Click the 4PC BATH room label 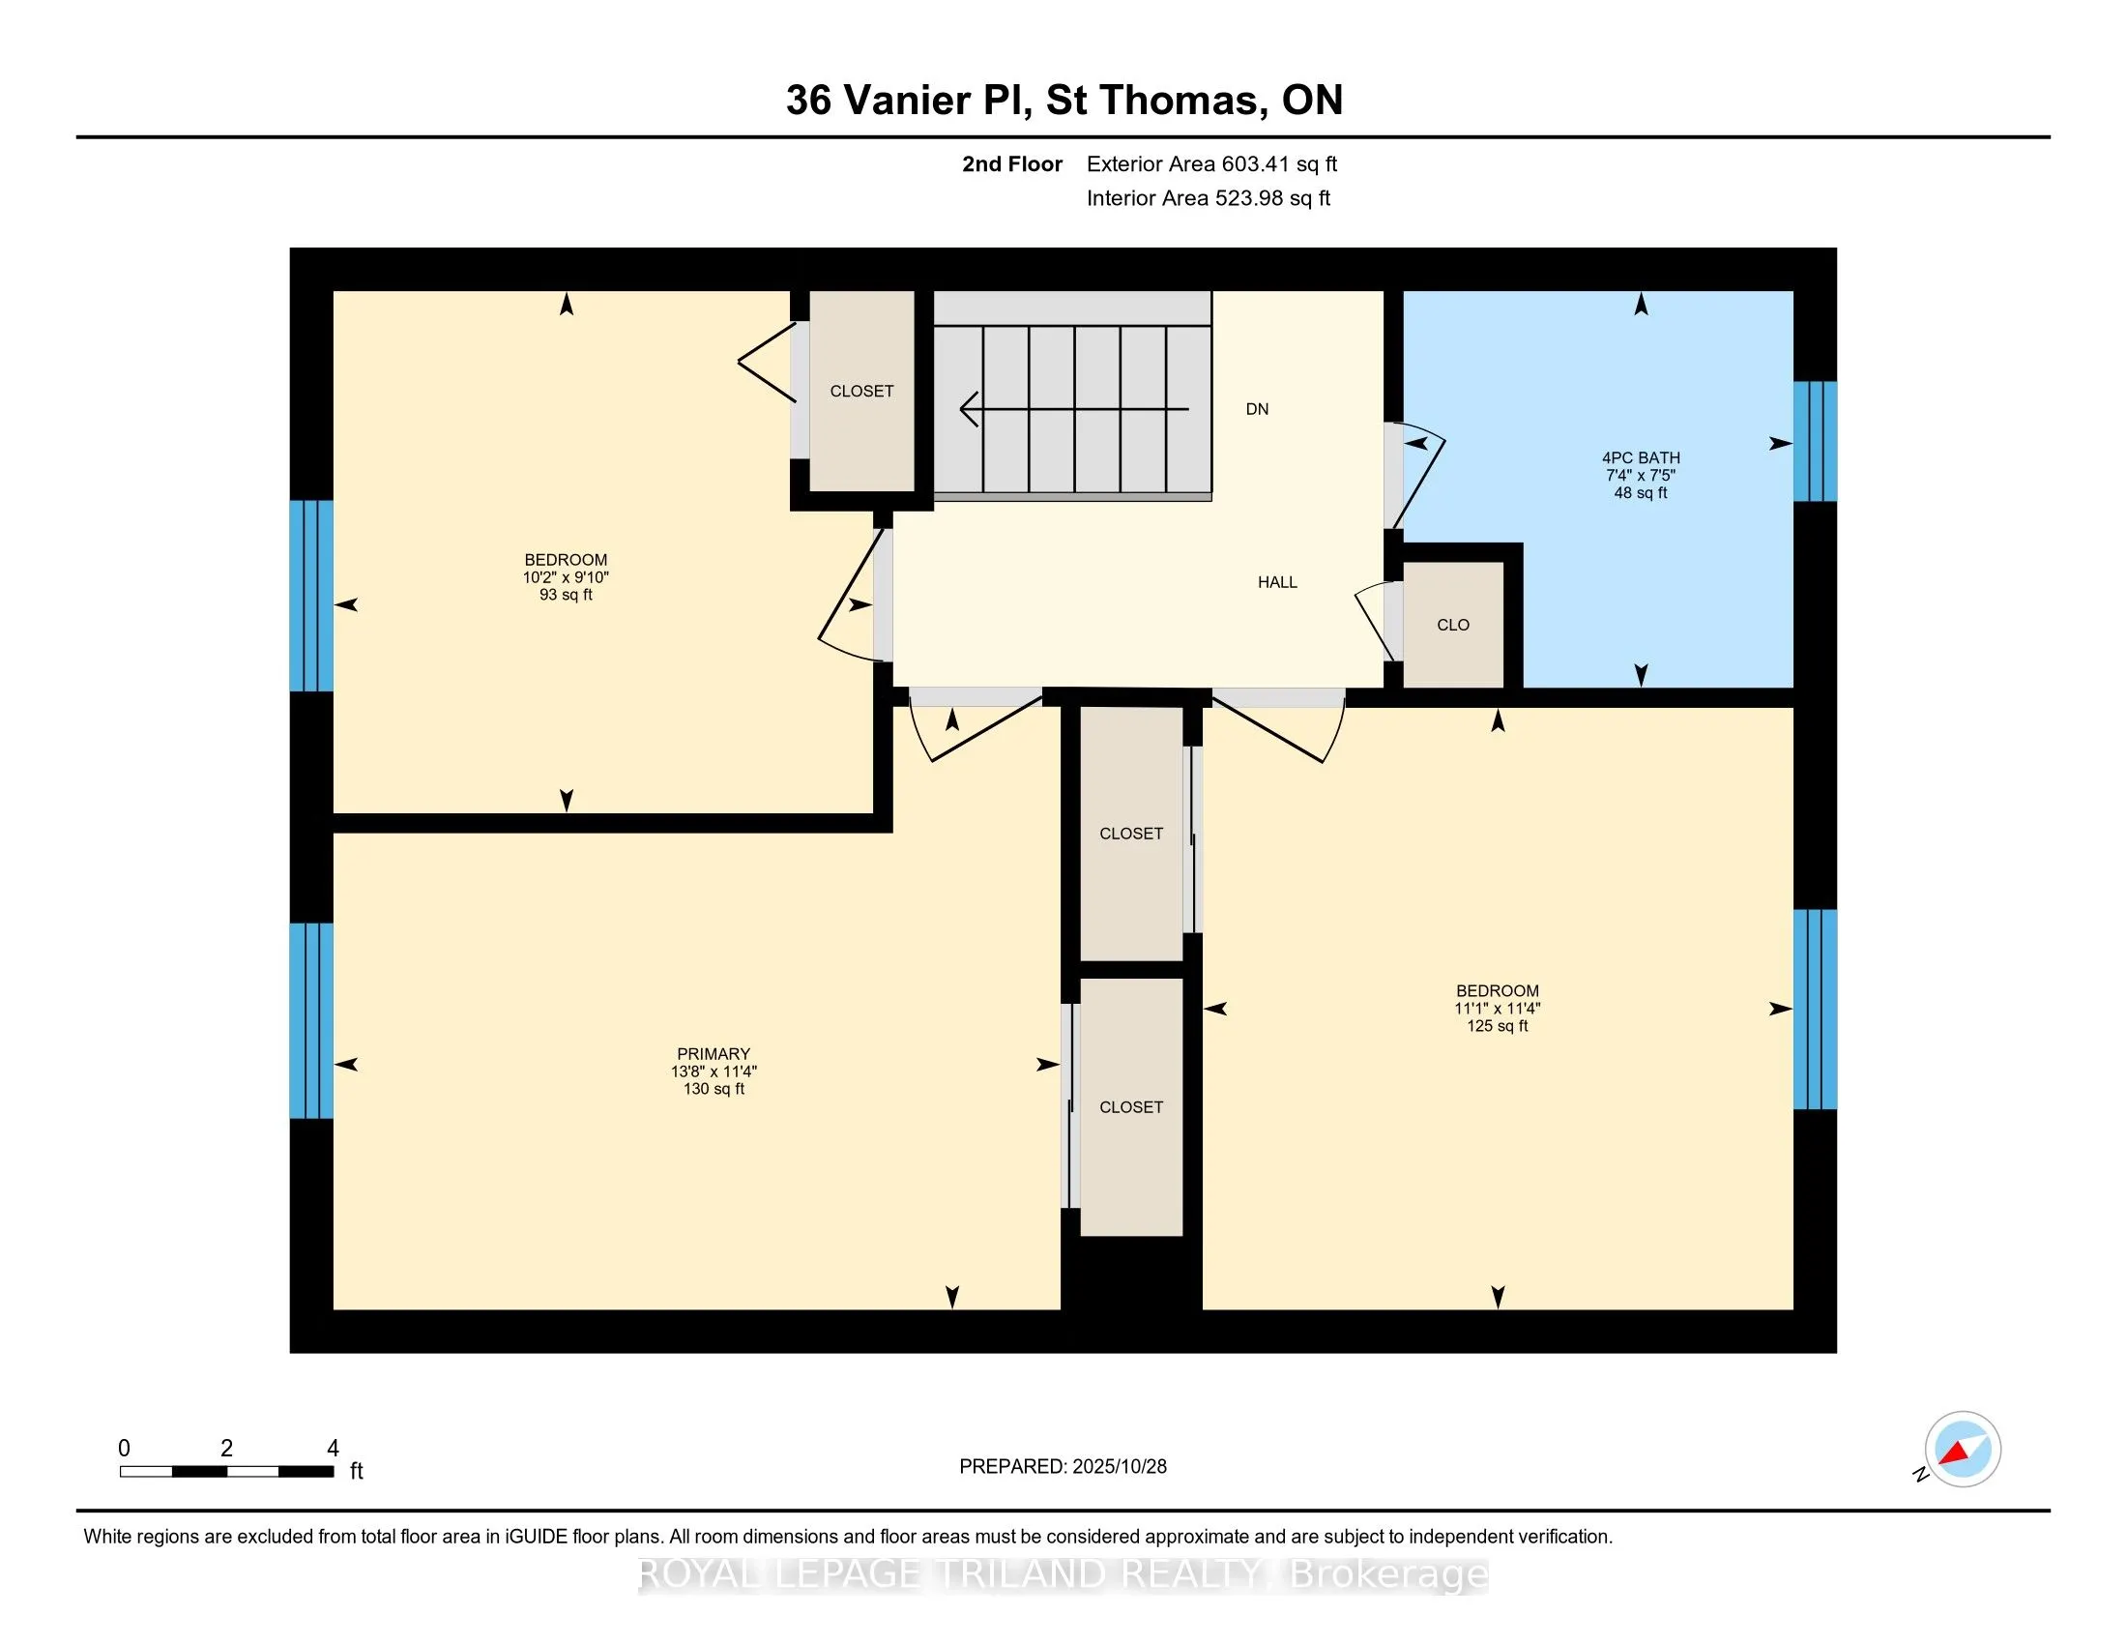point(1640,456)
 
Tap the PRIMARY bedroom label point(713,1054)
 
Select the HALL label point(1277,582)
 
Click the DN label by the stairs point(1256,409)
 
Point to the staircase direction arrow point(1071,409)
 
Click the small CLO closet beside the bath point(1452,625)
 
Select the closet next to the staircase point(860,391)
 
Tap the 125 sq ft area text point(1497,1025)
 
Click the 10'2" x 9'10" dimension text point(565,576)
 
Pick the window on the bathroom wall point(1815,441)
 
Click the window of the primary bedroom point(311,1019)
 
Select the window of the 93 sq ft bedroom point(311,595)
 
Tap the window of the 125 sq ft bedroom point(1815,1009)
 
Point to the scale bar point(226,1472)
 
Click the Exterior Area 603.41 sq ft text point(1211,163)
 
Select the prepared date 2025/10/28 point(1063,1467)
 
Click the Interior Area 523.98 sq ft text point(1208,198)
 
